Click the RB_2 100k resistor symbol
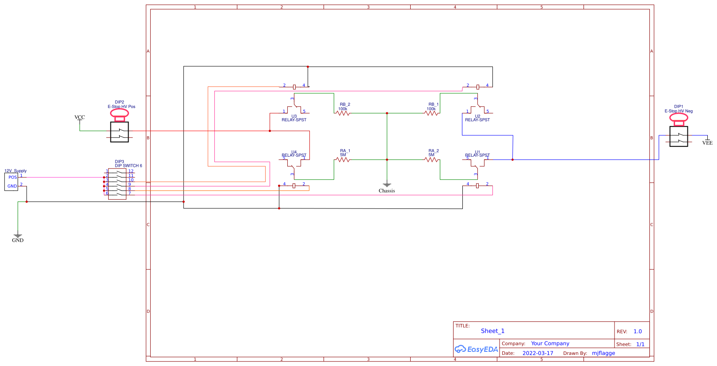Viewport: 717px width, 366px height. click(x=343, y=113)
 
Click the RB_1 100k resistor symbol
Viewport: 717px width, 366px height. click(x=431, y=113)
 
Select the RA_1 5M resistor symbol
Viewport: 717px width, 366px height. click(x=343, y=160)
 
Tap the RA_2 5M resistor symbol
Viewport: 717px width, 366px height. click(x=431, y=160)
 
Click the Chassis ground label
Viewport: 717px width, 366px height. click(x=387, y=191)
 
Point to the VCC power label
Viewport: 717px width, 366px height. click(x=80, y=117)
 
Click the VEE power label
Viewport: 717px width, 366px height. click(x=707, y=143)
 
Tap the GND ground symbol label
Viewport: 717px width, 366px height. click(x=18, y=240)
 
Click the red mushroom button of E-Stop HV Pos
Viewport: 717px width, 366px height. click(x=119, y=114)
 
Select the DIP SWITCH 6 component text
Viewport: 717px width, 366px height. click(x=129, y=166)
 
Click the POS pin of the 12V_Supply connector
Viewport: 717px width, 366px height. click(x=12, y=177)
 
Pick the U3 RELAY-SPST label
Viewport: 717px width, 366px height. click(x=294, y=119)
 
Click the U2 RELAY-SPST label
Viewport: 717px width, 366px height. click(x=477, y=119)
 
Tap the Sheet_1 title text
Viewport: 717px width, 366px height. click(x=492, y=331)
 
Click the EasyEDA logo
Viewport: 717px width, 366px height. click(x=476, y=349)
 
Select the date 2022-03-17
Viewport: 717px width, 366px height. click(x=538, y=353)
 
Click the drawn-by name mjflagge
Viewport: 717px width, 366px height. click(x=603, y=353)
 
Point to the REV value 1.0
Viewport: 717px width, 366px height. click(x=637, y=331)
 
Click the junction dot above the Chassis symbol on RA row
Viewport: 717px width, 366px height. click(x=387, y=160)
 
